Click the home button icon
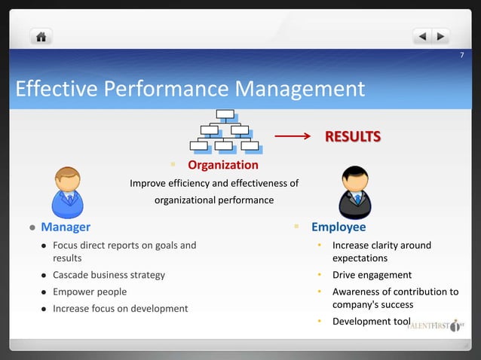click(41, 36)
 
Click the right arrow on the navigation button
click(440, 36)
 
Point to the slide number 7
click(462, 57)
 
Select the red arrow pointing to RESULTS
click(293, 137)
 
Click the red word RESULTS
click(352, 136)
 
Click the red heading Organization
click(222, 165)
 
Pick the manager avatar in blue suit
click(68, 191)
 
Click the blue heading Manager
click(66, 227)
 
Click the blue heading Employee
click(339, 227)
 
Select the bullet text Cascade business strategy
click(109, 275)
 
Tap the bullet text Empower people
click(90, 291)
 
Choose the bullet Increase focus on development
click(120, 308)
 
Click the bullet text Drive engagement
click(372, 275)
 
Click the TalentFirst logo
click(437, 326)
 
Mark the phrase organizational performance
click(214, 200)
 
